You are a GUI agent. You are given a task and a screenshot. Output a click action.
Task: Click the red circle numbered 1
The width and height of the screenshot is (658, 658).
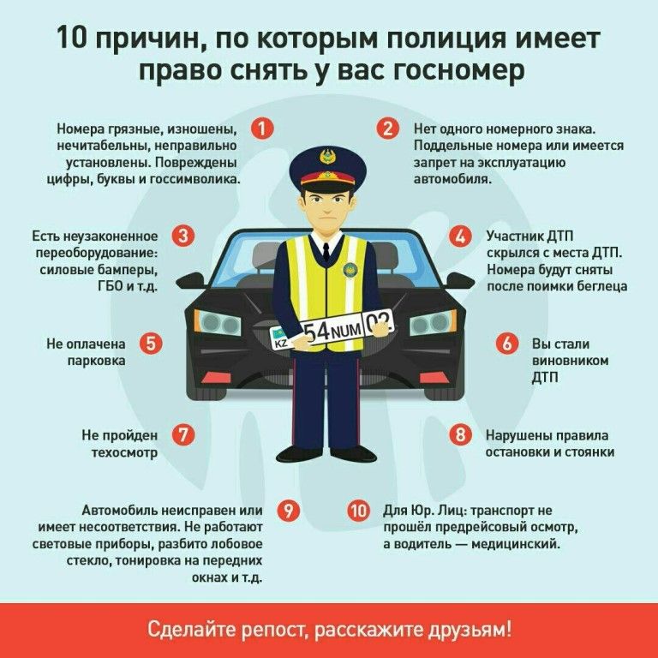pyautogui.click(x=262, y=129)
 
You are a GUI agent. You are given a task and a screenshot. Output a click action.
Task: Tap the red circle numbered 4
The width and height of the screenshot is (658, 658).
pyautogui.click(x=460, y=236)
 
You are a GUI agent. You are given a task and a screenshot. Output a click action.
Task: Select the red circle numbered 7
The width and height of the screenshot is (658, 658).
pyautogui.click(x=183, y=434)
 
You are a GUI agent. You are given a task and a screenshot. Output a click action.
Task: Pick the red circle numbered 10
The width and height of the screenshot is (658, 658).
pyautogui.click(x=358, y=511)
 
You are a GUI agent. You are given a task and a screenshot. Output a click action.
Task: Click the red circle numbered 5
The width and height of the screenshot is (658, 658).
pyautogui.click(x=151, y=344)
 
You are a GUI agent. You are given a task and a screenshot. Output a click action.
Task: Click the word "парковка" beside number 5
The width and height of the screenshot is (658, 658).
pyautogui.click(x=97, y=361)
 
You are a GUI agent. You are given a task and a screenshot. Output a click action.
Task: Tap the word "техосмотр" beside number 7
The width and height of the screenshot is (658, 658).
pyautogui.click(x=124, y=452)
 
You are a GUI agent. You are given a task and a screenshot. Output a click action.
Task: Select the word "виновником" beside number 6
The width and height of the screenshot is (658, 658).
pyautogui.click(x=571, y=360)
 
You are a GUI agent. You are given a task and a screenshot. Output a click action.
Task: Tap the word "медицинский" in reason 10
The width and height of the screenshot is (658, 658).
pyautogui.click(x=516, y=544)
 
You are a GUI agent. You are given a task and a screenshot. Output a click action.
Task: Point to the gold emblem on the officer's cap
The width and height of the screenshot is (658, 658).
pyautogui.click(x=328, y=156)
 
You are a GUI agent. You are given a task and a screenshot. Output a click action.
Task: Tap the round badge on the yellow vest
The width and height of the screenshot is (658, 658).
pyautogui.click(x=350, y=269)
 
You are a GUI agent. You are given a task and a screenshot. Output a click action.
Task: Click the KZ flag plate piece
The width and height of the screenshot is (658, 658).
pyautogui.click(x=279, y=338)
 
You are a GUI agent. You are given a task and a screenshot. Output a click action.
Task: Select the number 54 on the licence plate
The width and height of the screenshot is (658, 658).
pyautogui.click(x=317, y=332)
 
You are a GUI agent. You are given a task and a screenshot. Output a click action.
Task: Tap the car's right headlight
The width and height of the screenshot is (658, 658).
pyautogui.click(x=433, y=322)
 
